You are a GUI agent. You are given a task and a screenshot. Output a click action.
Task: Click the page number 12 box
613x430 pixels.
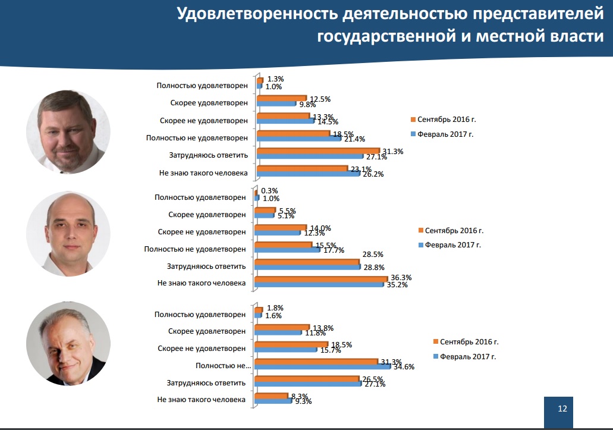click(562, 409)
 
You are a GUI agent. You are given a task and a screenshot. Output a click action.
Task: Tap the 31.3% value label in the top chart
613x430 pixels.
click(392, 152)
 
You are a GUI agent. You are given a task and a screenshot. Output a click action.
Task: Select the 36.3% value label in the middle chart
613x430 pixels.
click(400, 277)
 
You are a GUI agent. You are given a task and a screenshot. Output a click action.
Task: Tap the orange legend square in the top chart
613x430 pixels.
click(412, 120)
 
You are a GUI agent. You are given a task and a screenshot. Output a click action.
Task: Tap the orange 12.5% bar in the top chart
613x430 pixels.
click(281, 98)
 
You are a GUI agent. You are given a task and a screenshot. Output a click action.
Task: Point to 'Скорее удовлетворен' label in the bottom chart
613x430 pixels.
click(207, 331)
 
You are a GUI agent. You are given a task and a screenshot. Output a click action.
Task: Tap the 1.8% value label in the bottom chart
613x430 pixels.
click(275, 308)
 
